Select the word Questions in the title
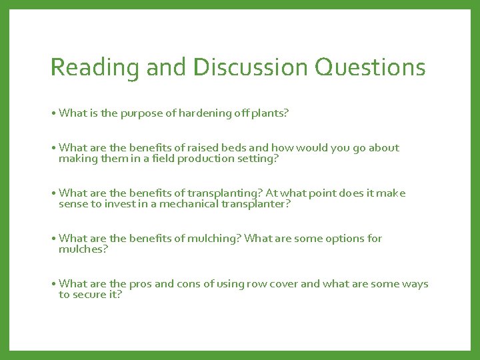pyautogui.click(x=370, y=67)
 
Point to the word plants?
pyautogui.click(x=270, y=113)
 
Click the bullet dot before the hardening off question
pyautogui.click(x=53, y=113)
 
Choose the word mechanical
pyautogui.click(x=185, y=204)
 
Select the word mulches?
pyautogui.click(x=83, y=249)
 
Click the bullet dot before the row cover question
pyautogui.click(x=53, y=284)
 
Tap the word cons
pyautogui.click(x=189, y=284)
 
